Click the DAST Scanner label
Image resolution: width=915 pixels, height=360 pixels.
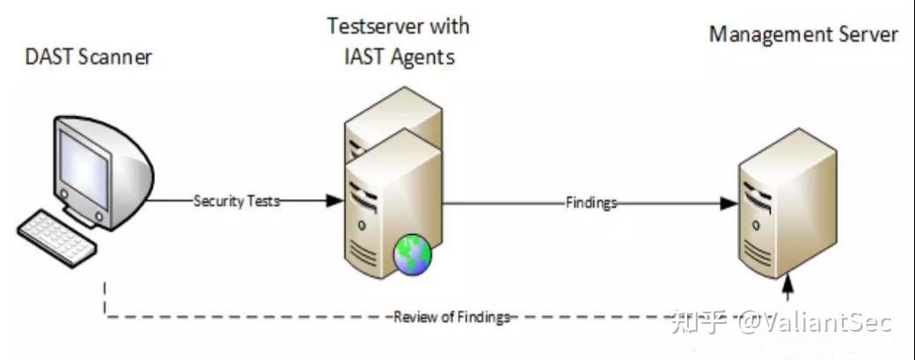coord(88,58)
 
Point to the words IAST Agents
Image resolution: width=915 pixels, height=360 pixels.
coord(399,58)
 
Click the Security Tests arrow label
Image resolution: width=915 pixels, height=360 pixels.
coord(237,201)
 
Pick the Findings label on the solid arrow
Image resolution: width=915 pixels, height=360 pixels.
coord(590,202)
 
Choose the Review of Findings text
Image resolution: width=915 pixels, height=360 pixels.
coord(451,318)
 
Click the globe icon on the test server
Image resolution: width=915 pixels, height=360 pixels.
coord(412,253)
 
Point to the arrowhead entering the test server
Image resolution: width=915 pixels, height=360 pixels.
coord(334,201)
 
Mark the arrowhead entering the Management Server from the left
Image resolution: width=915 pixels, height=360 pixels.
coord(728,202)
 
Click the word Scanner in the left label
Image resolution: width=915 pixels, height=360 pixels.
coord(119,58)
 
